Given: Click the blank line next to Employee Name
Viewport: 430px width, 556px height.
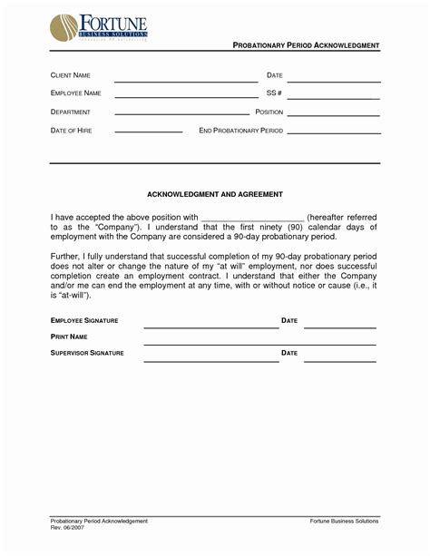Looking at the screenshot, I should (185, 96).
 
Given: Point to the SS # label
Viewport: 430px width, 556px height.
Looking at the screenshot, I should (275, 93).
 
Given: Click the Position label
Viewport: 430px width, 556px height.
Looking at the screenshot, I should (269, 112).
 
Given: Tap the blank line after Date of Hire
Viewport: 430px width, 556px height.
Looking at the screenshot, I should (148, 133).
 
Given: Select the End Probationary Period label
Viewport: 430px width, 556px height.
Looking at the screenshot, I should (240, 131).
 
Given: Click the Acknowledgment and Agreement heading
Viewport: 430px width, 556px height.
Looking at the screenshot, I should (215, 194).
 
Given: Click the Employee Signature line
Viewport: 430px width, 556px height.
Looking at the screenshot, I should (210, 327).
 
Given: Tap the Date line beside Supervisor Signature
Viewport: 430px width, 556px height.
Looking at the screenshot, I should (339, 360).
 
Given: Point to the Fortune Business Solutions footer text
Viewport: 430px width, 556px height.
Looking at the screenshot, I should (344, 521).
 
